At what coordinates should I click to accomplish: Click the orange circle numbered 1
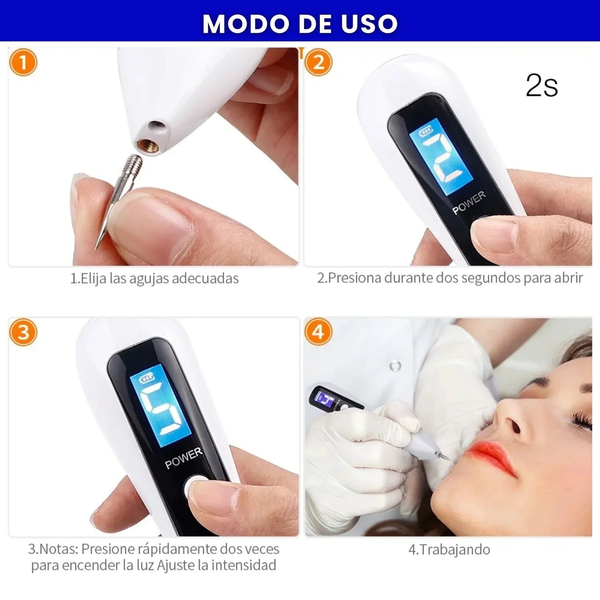pos(23,63)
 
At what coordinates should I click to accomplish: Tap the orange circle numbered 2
pos(318,63)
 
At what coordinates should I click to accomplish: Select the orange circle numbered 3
pos(23,333)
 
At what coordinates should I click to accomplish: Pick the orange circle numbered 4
pos(318,333)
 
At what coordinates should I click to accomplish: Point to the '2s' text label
pos(541,86)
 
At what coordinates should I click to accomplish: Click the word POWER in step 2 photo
pos(469,203)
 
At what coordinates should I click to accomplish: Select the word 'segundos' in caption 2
pos(491,278)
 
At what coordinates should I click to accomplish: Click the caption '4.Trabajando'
pos(449,549)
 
